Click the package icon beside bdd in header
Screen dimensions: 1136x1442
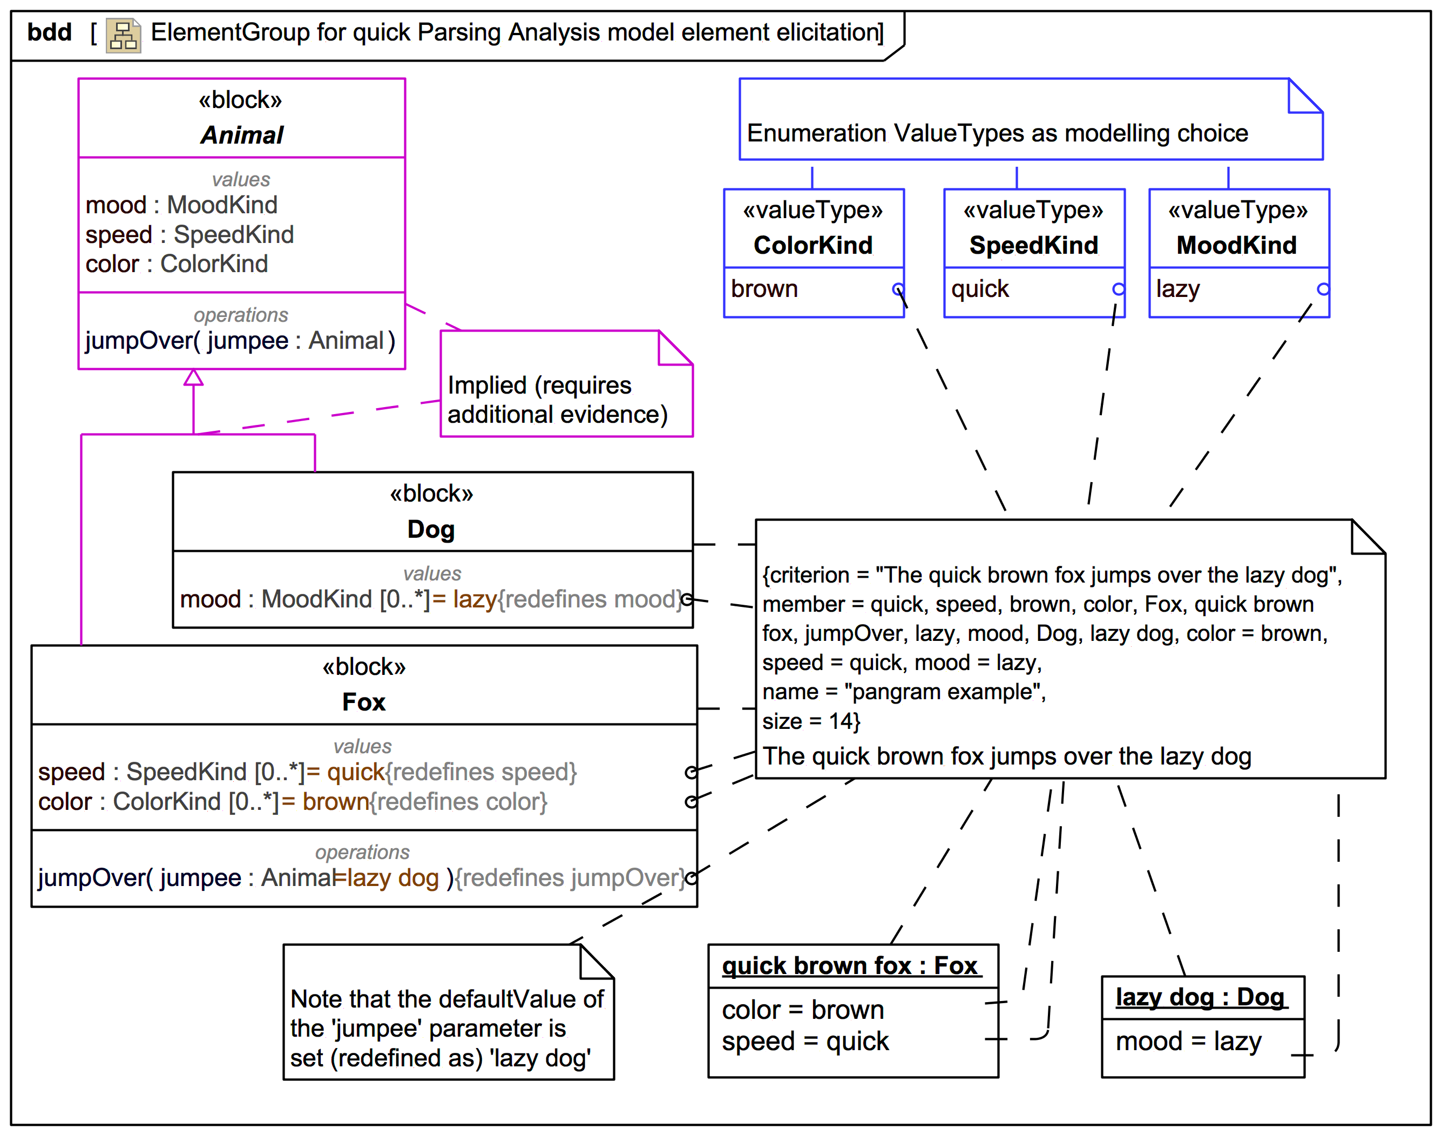point(124,35)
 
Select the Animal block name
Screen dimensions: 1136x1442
point(241,135)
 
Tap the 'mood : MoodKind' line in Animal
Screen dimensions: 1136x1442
point(181,205)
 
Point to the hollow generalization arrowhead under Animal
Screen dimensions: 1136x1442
point(194,378)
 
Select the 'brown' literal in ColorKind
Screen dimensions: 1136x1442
point(764,289)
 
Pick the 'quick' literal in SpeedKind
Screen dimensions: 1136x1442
point(980,289)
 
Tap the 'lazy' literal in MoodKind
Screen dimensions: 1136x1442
point(1177,289)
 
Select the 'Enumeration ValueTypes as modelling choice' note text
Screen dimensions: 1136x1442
point(997,133)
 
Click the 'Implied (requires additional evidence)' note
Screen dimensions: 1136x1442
point(557,399)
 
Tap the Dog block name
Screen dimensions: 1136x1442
point(431,530)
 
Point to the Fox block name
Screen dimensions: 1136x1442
point(363,702)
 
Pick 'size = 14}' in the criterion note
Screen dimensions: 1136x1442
point(811,721)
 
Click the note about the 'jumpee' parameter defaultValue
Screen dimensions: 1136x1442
point(447,1027)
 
